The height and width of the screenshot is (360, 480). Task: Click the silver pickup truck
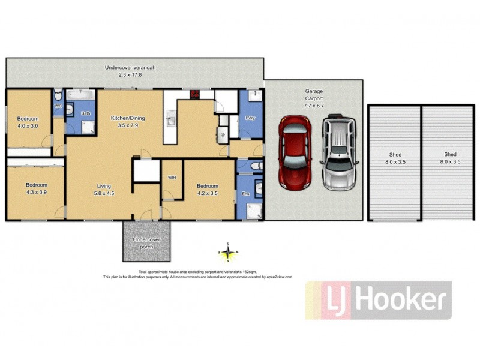click(x=339, y=153)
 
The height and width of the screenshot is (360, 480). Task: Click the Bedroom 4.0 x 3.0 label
click(x=27, y=122)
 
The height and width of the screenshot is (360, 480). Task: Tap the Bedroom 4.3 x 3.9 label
click(x=35, y=188)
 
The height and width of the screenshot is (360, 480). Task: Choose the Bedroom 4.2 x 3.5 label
click(x=208, y=190)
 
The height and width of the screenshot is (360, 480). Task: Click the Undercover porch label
click(x=147, y=243)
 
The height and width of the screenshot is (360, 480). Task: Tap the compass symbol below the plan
click(x=228, y=252)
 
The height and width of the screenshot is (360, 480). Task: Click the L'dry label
click(x=251, y=118)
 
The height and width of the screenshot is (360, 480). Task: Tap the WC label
click(x=58, y=106)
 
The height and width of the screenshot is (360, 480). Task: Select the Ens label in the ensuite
click(x=245, y=194)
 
